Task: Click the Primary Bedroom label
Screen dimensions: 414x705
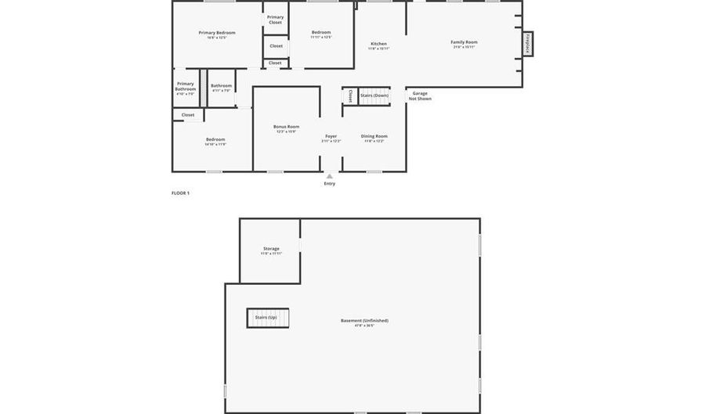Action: (x=217, y=33)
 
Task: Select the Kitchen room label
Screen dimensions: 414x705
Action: (x=378, y=44)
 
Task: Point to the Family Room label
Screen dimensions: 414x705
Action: (x=464, y=42)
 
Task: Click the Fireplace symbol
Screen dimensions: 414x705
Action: (x=529, y=43)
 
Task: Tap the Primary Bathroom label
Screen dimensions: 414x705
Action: (x=186, y=86)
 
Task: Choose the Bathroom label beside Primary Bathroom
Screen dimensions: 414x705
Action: (x=221, y=86)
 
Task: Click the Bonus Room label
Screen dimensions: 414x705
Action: (x=286, y=127)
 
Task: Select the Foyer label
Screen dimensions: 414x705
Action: (x=331, y=136)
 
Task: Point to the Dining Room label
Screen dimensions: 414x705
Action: (x=374, y=136)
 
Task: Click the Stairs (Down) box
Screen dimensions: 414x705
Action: (x=374, y=95)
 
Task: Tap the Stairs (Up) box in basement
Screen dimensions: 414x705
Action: (x=266, y=317)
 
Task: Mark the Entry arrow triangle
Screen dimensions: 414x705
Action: (x=329, y=176)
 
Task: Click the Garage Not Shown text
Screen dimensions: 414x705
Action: (x=420, y=96)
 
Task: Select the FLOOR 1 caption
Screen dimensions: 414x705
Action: (x=180, y=193)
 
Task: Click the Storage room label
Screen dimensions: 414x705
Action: (x=271, y=249)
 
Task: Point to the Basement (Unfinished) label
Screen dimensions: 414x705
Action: (x=364, y=321)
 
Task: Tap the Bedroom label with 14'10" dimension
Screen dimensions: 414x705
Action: (x=215, y=140)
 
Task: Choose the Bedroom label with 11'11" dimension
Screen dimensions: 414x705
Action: (x=320, y=33)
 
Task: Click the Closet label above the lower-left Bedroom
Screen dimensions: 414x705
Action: (x=188, y=115)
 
